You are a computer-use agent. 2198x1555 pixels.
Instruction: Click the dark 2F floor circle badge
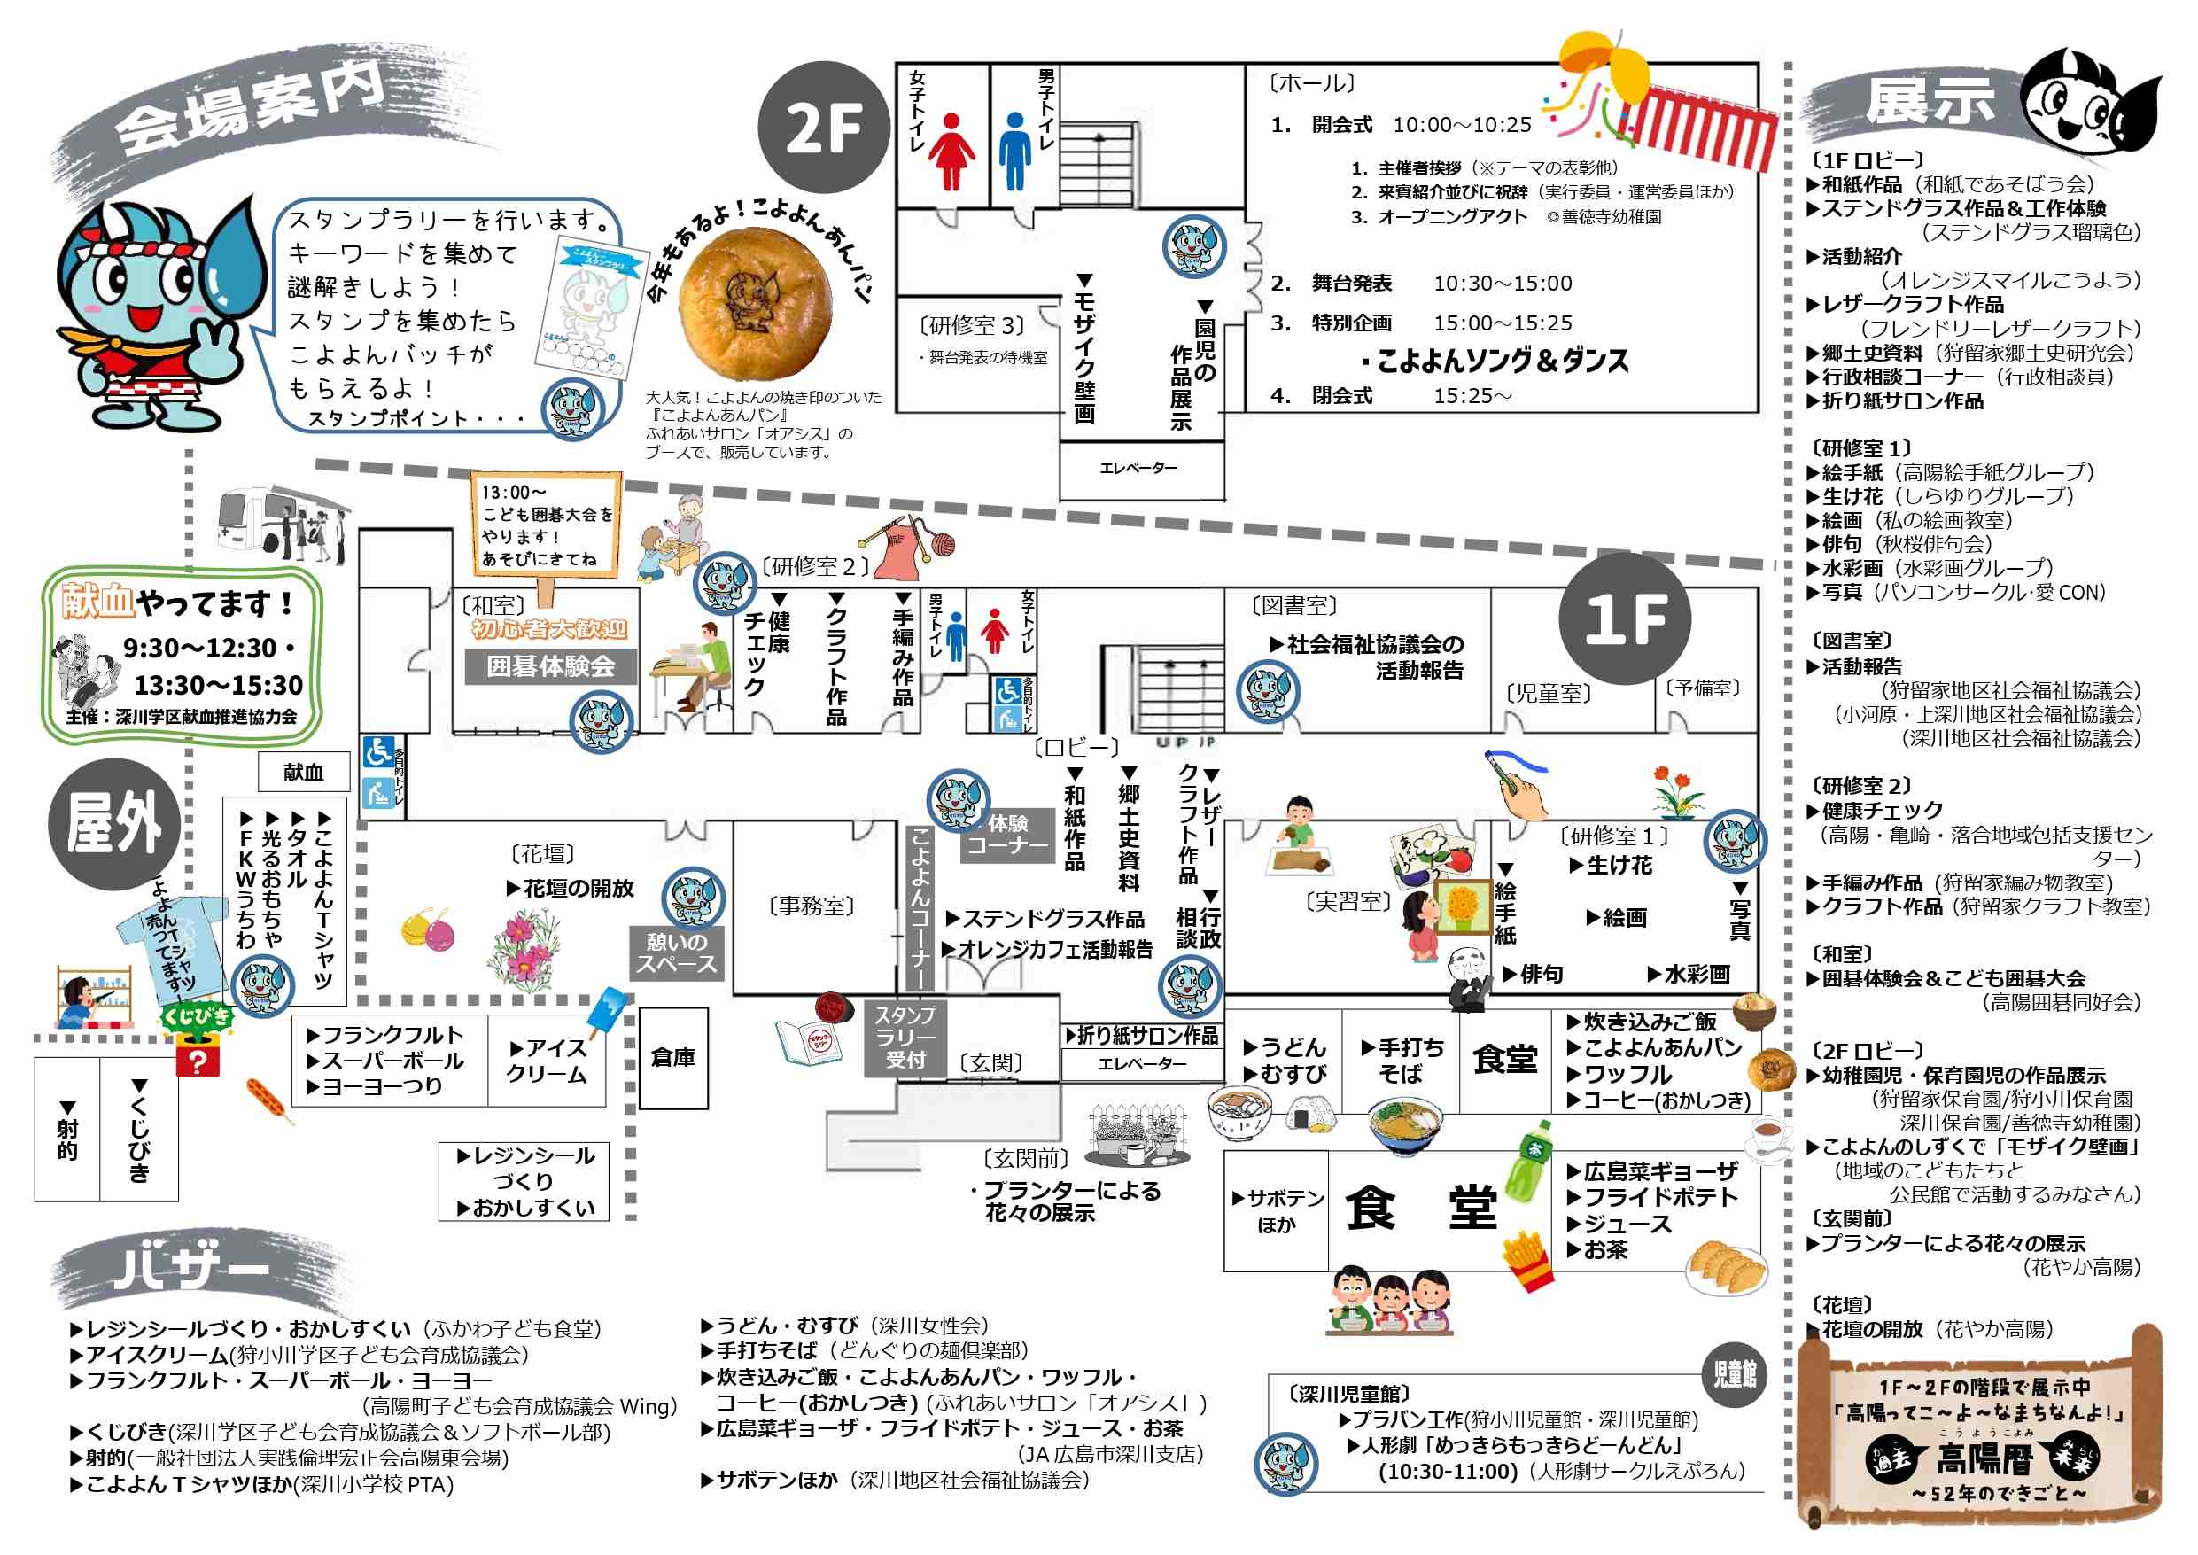click(824, 128)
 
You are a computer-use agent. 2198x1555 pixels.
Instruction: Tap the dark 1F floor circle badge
click(1625, 618)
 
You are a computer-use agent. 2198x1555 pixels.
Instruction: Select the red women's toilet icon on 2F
click(951, 152)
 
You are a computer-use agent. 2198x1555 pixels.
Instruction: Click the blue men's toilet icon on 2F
click(1014, 152)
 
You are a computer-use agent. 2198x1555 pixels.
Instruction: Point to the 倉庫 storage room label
click(673, 1057)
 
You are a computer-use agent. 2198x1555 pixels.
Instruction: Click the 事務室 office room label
click(812, 905)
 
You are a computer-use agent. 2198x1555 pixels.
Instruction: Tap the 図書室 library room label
click(1294, 605)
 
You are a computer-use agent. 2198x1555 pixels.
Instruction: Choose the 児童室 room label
click(1548, 692)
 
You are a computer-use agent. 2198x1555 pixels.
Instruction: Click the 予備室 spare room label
click(1703, 688)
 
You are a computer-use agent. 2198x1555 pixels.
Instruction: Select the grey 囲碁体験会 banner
click(550, 665)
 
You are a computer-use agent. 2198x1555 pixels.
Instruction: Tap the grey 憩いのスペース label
click(676, 952)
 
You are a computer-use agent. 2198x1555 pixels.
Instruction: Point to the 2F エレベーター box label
click(1138, 467)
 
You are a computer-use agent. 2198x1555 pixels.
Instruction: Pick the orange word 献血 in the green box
click(97, 602)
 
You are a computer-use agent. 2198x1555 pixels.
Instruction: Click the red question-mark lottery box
click(198, 1058)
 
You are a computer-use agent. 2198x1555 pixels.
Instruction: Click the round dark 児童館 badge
click(1735, 1374)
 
